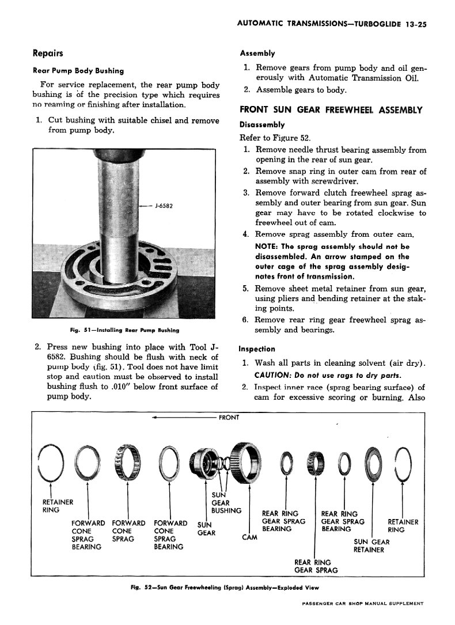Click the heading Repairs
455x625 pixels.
pos(49,54)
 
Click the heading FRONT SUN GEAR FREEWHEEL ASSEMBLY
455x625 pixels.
pos(331,110)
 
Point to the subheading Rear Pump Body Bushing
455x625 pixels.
pos(78,71)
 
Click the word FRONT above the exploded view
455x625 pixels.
pos(229,418)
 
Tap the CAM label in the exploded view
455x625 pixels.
pos(248,537)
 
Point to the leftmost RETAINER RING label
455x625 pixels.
pos(54,505)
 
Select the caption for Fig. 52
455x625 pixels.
pos(225,588)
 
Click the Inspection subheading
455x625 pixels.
pos(257,349)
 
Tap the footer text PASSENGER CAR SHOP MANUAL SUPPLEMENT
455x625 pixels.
pos(362,604)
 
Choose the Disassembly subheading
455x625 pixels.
pos(262,124)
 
